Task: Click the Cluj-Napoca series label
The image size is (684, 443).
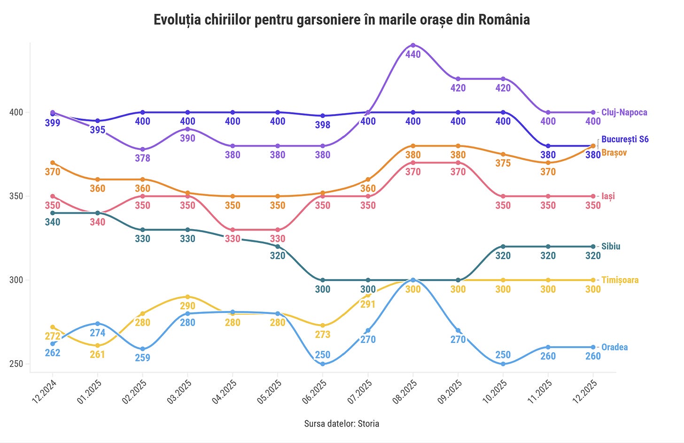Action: click(x=624, y=112)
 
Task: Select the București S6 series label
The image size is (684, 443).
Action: click(x=625, y=139)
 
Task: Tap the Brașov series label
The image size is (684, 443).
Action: click(x=614, y=153)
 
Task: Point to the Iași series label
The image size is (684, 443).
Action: click(x=608, y=196)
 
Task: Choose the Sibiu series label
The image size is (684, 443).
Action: click(x=611, y=246)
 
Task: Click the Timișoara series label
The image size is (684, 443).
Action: click(x=620, y=280)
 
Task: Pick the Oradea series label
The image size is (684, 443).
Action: click(x=614, y=347)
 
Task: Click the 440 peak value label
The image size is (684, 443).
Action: click(x=413, y=54)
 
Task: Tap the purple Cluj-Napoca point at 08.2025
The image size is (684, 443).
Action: click(x=413, y=45)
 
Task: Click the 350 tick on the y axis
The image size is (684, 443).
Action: click(x=16, y=196)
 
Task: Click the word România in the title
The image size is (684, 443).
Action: click(x=504, y=20)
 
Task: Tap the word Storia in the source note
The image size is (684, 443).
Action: click(x=368, y=424)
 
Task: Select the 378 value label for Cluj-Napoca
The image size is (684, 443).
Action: click(x=142, y=158)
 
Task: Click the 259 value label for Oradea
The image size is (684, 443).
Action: click(x=142, y=358)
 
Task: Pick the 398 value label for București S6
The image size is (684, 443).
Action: click(x=323, y=125)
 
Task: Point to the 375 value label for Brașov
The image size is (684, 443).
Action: click(x=503, y=163)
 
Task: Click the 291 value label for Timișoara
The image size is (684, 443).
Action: click(x=368, y=304)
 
